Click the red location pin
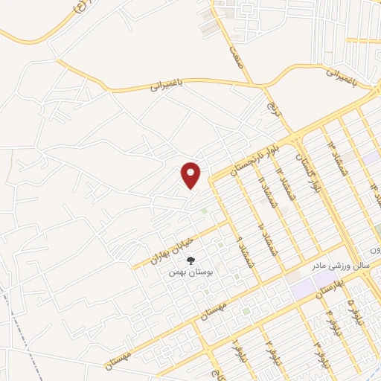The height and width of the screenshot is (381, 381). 191,175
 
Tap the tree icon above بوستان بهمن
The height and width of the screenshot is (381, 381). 191,260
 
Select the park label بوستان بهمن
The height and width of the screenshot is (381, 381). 187,272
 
